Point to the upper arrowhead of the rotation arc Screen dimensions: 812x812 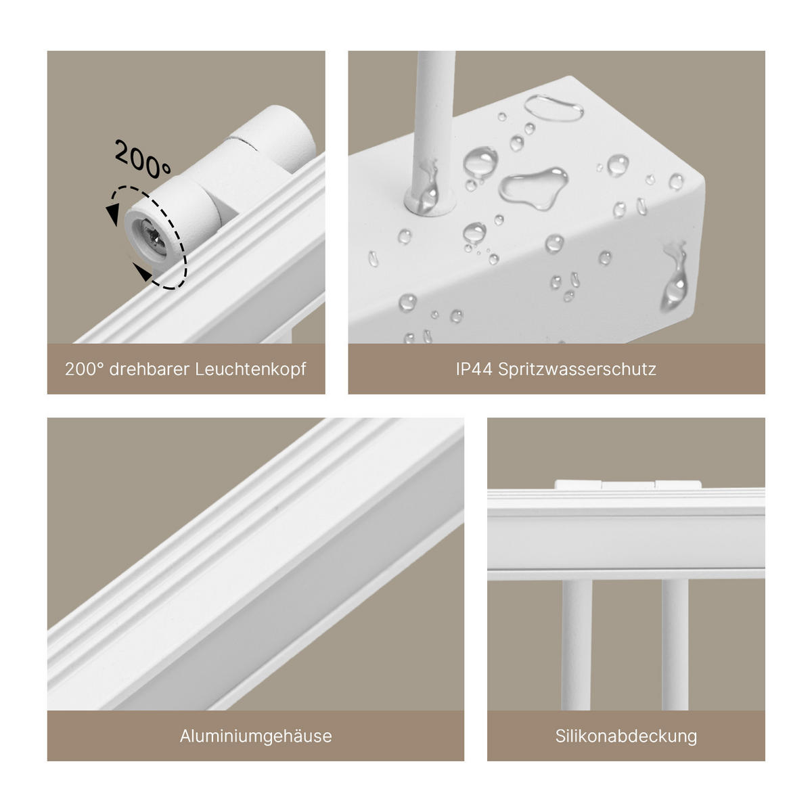tap(112, 216)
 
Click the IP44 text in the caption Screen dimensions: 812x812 tap(474, 369)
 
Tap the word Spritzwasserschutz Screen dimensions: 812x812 tap(577, 369)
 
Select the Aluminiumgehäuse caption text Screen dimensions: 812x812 tap(256, 736)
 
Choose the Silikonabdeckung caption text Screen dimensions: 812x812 tap(626, 736)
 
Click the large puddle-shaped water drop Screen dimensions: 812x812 tap(533, 185)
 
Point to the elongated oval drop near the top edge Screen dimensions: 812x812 tap(554, 108)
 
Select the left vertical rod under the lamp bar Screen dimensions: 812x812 tap(576, 643)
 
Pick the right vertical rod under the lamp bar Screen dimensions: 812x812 tap(675, 643)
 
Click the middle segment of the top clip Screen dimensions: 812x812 tap(628, 484)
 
